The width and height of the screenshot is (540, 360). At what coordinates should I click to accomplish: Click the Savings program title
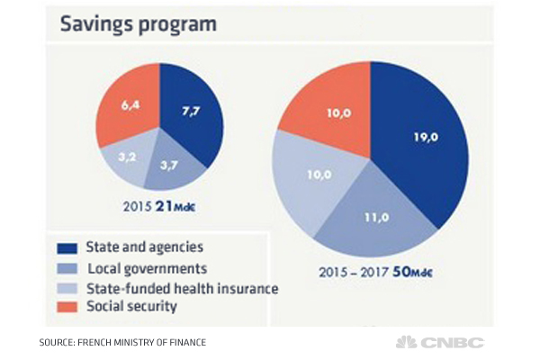pos(139,23)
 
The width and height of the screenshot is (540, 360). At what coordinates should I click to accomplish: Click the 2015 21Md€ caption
pos(159,207)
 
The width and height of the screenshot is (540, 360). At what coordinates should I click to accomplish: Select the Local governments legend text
pos(148,268)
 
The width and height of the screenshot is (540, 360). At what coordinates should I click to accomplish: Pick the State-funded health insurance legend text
pos(182,288)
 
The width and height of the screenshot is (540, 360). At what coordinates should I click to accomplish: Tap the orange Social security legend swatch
pos(67,307)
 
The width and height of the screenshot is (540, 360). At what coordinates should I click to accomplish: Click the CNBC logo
pos(440,342)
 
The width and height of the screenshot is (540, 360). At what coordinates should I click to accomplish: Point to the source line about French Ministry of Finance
pos(121,342)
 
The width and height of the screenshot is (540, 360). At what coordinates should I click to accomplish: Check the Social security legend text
pos(130,307)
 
